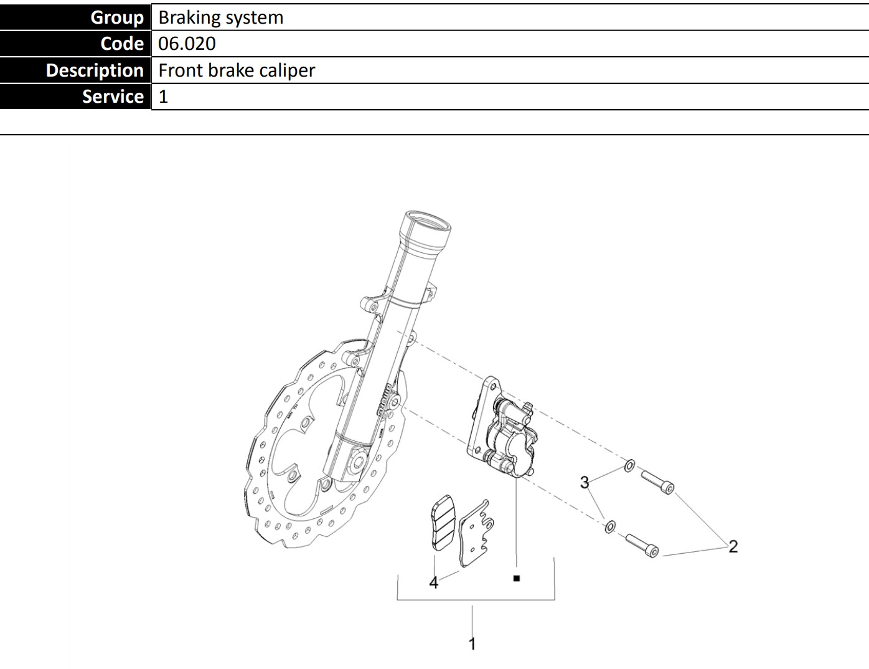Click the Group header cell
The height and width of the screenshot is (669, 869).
pos(75,17)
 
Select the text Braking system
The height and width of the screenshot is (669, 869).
pos(221,17)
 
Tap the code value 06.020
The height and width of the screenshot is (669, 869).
pos(187,44)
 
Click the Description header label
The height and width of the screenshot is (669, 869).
pos(95,70)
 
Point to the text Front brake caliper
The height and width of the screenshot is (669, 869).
pos(237,70)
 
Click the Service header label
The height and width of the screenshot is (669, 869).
pos(113,97)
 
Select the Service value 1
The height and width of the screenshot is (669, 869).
pos(163,97)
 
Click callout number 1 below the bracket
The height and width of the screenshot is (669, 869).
pos(472,644)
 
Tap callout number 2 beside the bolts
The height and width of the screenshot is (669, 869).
pos(733,546)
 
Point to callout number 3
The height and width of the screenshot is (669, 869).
pos(585,482)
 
